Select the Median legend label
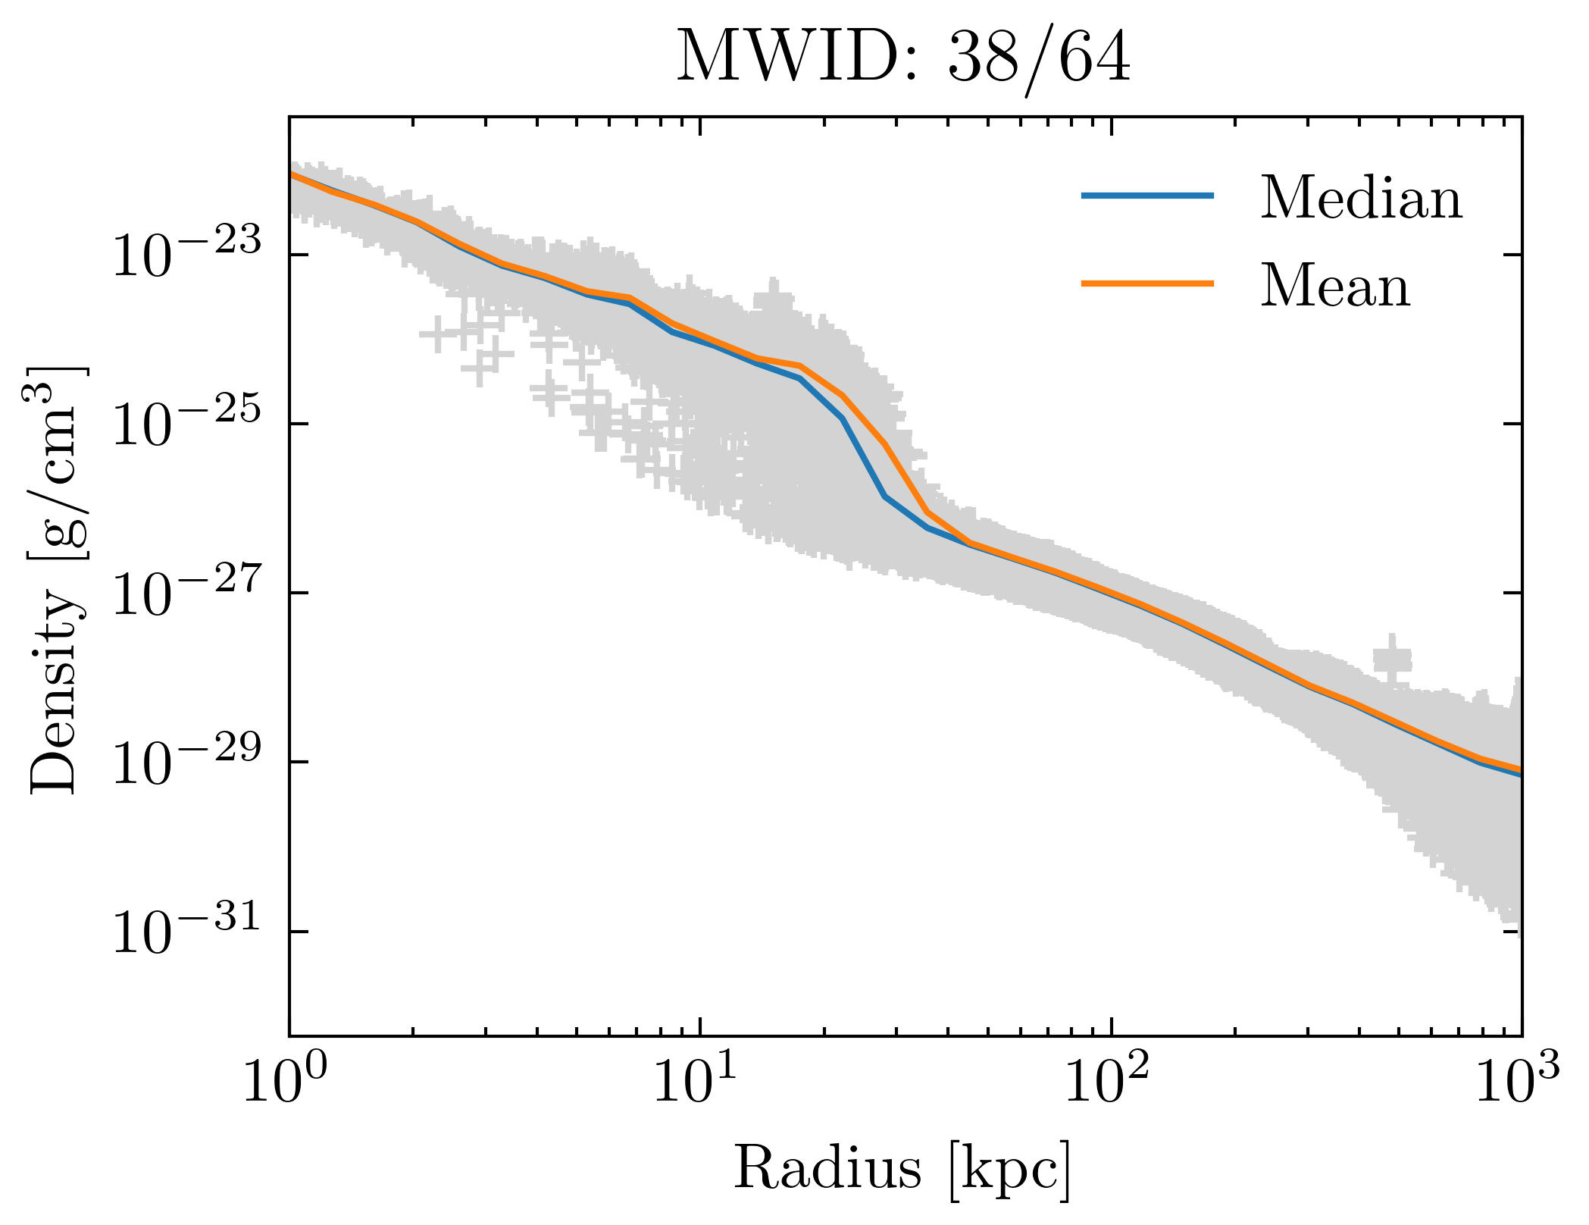[1361, 199]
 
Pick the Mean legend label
[1335, 287]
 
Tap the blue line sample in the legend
[1147, 196]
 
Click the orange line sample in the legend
[1147, 284]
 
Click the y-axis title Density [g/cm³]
[57, 580]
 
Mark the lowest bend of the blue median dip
[885, 497]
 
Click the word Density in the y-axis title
[57, 694]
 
